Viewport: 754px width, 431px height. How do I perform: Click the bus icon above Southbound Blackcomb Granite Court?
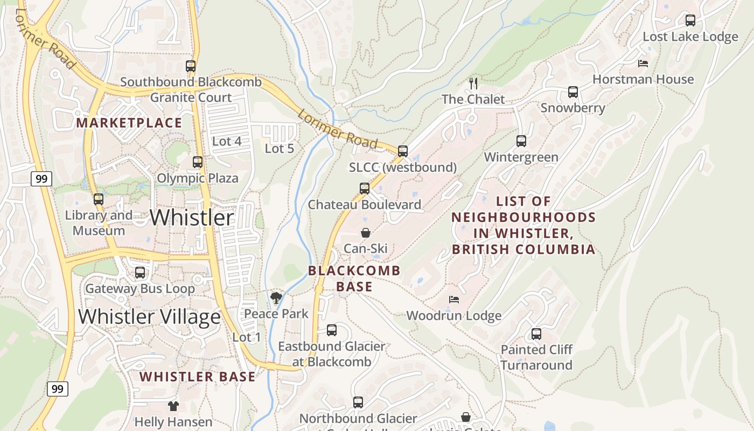(191, 66)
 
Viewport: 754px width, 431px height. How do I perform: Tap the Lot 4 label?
(227, 142)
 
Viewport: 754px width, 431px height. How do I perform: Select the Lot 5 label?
(280, 149)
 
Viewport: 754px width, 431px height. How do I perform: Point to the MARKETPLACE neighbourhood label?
(129, 123)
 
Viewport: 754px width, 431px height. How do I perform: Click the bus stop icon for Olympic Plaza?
(198, 162)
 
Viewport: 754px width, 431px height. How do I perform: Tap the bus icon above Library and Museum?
(98, 199)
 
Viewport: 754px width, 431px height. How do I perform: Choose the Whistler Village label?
(149, 316)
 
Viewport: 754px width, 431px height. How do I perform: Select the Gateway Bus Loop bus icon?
(140, 273)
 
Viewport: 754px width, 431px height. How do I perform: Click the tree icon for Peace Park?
(276, 297)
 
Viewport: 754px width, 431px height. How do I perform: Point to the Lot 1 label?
(247, 337)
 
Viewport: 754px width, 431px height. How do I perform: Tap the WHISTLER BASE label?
(198, 377)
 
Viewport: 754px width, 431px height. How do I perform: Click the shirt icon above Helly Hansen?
(173, 406)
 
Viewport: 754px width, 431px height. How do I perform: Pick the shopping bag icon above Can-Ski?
(366, 233)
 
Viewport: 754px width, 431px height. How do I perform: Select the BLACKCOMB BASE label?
(354, 279)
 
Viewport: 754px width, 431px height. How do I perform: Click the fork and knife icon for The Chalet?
(473, 83)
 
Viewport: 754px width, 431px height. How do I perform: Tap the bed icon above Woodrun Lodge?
(454, 300)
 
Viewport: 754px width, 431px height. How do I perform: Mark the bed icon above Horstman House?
(643, 64)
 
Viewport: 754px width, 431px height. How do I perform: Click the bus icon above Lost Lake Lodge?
(690, 20)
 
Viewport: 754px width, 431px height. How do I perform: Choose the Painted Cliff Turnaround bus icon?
(536, 334)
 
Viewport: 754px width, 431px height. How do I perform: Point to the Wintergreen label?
(521, 157)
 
